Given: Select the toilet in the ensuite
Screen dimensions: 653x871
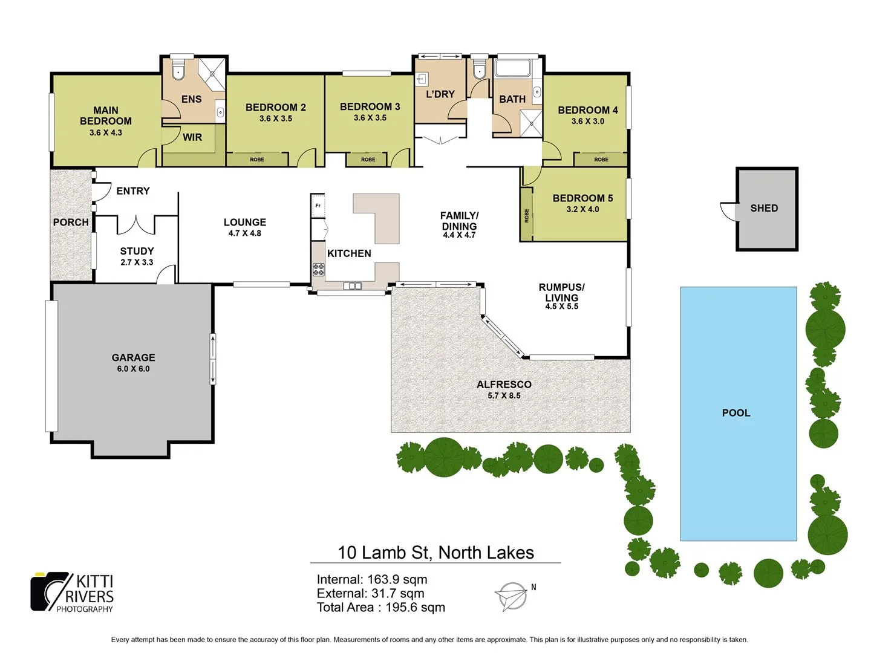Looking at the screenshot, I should pos(178,71).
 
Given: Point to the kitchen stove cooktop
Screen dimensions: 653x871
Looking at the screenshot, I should pos(319,270).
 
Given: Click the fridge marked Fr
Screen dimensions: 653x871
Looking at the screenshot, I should pos(318,206).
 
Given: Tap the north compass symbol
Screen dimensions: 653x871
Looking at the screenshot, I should pos(512,596).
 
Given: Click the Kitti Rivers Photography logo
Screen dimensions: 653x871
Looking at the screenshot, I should pos(73,593).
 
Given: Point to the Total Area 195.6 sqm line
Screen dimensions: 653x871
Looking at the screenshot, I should pos(381,608).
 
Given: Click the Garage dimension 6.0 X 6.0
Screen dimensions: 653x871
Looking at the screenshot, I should pos(133,369).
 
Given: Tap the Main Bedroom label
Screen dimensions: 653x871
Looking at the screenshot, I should pos(106,115).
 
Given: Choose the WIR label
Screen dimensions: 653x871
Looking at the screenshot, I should pos(192,137).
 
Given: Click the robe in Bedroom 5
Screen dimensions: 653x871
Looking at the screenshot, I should pos(526,215).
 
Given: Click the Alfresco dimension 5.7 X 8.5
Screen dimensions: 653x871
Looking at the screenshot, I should pos(504,396).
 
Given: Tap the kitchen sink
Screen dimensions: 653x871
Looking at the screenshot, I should pos(352,286).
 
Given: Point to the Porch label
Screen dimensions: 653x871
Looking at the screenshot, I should pos(71,222).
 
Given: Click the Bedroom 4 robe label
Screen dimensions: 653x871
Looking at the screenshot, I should pos(601,160).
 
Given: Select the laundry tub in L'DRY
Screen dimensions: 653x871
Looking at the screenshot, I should pos(422,79).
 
